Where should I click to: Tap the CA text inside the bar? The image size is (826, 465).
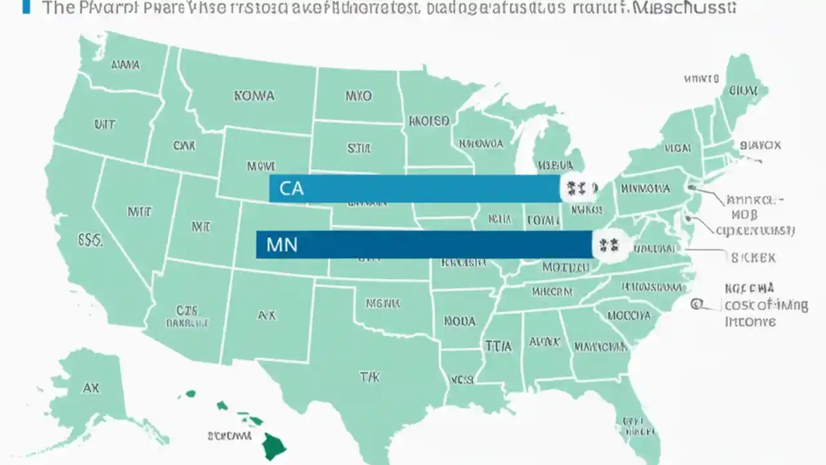291,189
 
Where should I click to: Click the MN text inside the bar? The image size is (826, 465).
281,245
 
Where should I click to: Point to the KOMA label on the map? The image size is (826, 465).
254,96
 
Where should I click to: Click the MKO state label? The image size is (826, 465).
358,96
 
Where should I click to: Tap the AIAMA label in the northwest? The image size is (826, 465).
125,65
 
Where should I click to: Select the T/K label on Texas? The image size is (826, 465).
369,377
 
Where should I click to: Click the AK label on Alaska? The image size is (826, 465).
91,388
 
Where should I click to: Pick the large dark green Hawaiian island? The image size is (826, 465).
274,446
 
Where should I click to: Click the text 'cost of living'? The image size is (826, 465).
766,305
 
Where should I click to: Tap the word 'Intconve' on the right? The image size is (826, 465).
750,322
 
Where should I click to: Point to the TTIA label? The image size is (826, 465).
498,346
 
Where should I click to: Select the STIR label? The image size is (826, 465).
359,149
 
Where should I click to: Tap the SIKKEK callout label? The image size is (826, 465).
753,257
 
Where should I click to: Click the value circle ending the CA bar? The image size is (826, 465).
575,189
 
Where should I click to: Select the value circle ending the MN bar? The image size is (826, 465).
609,245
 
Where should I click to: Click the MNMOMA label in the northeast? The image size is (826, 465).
645,189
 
